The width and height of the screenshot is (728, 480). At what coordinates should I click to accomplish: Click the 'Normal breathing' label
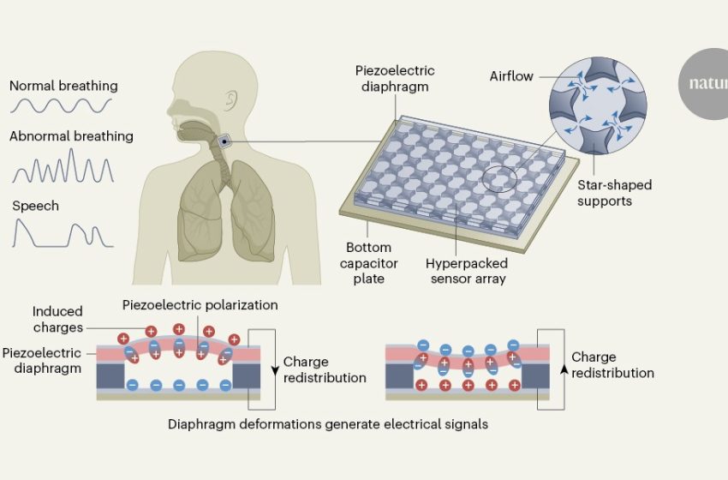tap(63, 87)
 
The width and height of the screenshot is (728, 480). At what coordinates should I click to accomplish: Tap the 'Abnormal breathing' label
tap(71, 136)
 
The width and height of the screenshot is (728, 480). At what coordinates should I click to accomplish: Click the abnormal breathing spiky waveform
tap(63, 166)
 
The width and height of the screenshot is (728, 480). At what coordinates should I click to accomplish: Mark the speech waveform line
tap(62, 233)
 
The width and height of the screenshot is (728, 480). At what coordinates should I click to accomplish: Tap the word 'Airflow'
tap(511, 77)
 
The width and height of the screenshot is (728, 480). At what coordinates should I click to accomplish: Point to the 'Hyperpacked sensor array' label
tap(468, 271)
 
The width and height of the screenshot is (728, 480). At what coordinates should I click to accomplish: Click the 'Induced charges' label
tap(58, 319)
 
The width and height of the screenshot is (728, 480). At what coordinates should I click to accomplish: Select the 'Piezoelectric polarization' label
tap(200, 304)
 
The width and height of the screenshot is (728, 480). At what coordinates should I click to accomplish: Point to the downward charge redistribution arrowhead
tap(275, 371)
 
